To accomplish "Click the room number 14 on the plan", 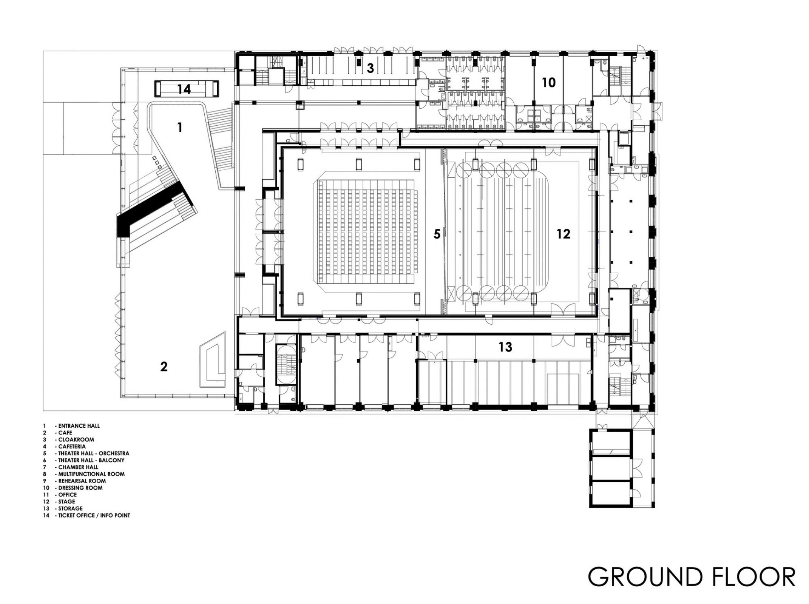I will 184,89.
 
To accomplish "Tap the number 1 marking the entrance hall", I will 180,128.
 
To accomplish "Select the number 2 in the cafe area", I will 164,367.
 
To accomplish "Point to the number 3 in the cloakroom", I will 370,68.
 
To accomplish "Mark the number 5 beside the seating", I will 437,234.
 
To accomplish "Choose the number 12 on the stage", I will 563,234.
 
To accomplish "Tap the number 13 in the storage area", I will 505,347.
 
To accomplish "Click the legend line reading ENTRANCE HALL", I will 79,426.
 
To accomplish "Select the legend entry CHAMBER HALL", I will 78,467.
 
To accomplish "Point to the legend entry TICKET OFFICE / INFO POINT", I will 94,515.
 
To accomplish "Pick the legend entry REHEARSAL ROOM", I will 82,481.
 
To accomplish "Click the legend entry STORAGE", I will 70,508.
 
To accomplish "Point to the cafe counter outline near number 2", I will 213,362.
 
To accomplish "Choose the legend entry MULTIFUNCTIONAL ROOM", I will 91,474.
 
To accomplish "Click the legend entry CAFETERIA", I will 72,447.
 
